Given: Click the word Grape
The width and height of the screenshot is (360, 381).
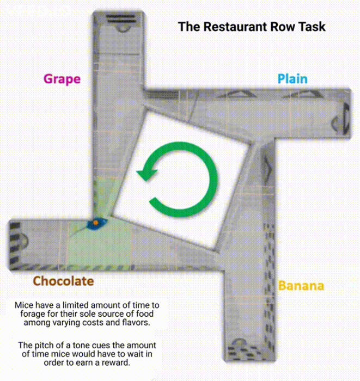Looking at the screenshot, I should click(62, 79).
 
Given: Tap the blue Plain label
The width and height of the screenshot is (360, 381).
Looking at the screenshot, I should click(292, 79).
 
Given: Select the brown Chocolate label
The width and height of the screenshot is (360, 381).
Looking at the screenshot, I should click(63, 281).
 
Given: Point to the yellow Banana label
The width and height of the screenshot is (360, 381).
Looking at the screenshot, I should click(301, 286).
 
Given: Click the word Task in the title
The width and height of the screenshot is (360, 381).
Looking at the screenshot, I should click(312, 26).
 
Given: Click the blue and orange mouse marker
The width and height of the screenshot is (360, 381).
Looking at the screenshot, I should click(96, 223).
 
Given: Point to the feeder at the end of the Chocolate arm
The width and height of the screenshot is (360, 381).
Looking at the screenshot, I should click(19, 239).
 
